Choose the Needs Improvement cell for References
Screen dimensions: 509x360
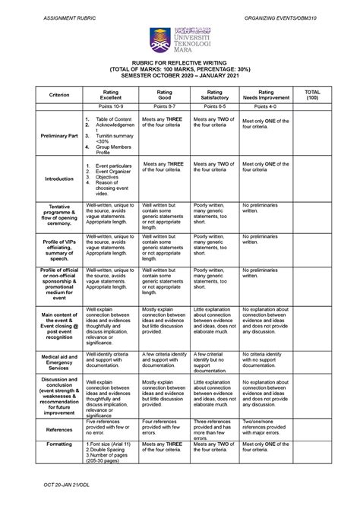pyautogui.click(x=268, y=430)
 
